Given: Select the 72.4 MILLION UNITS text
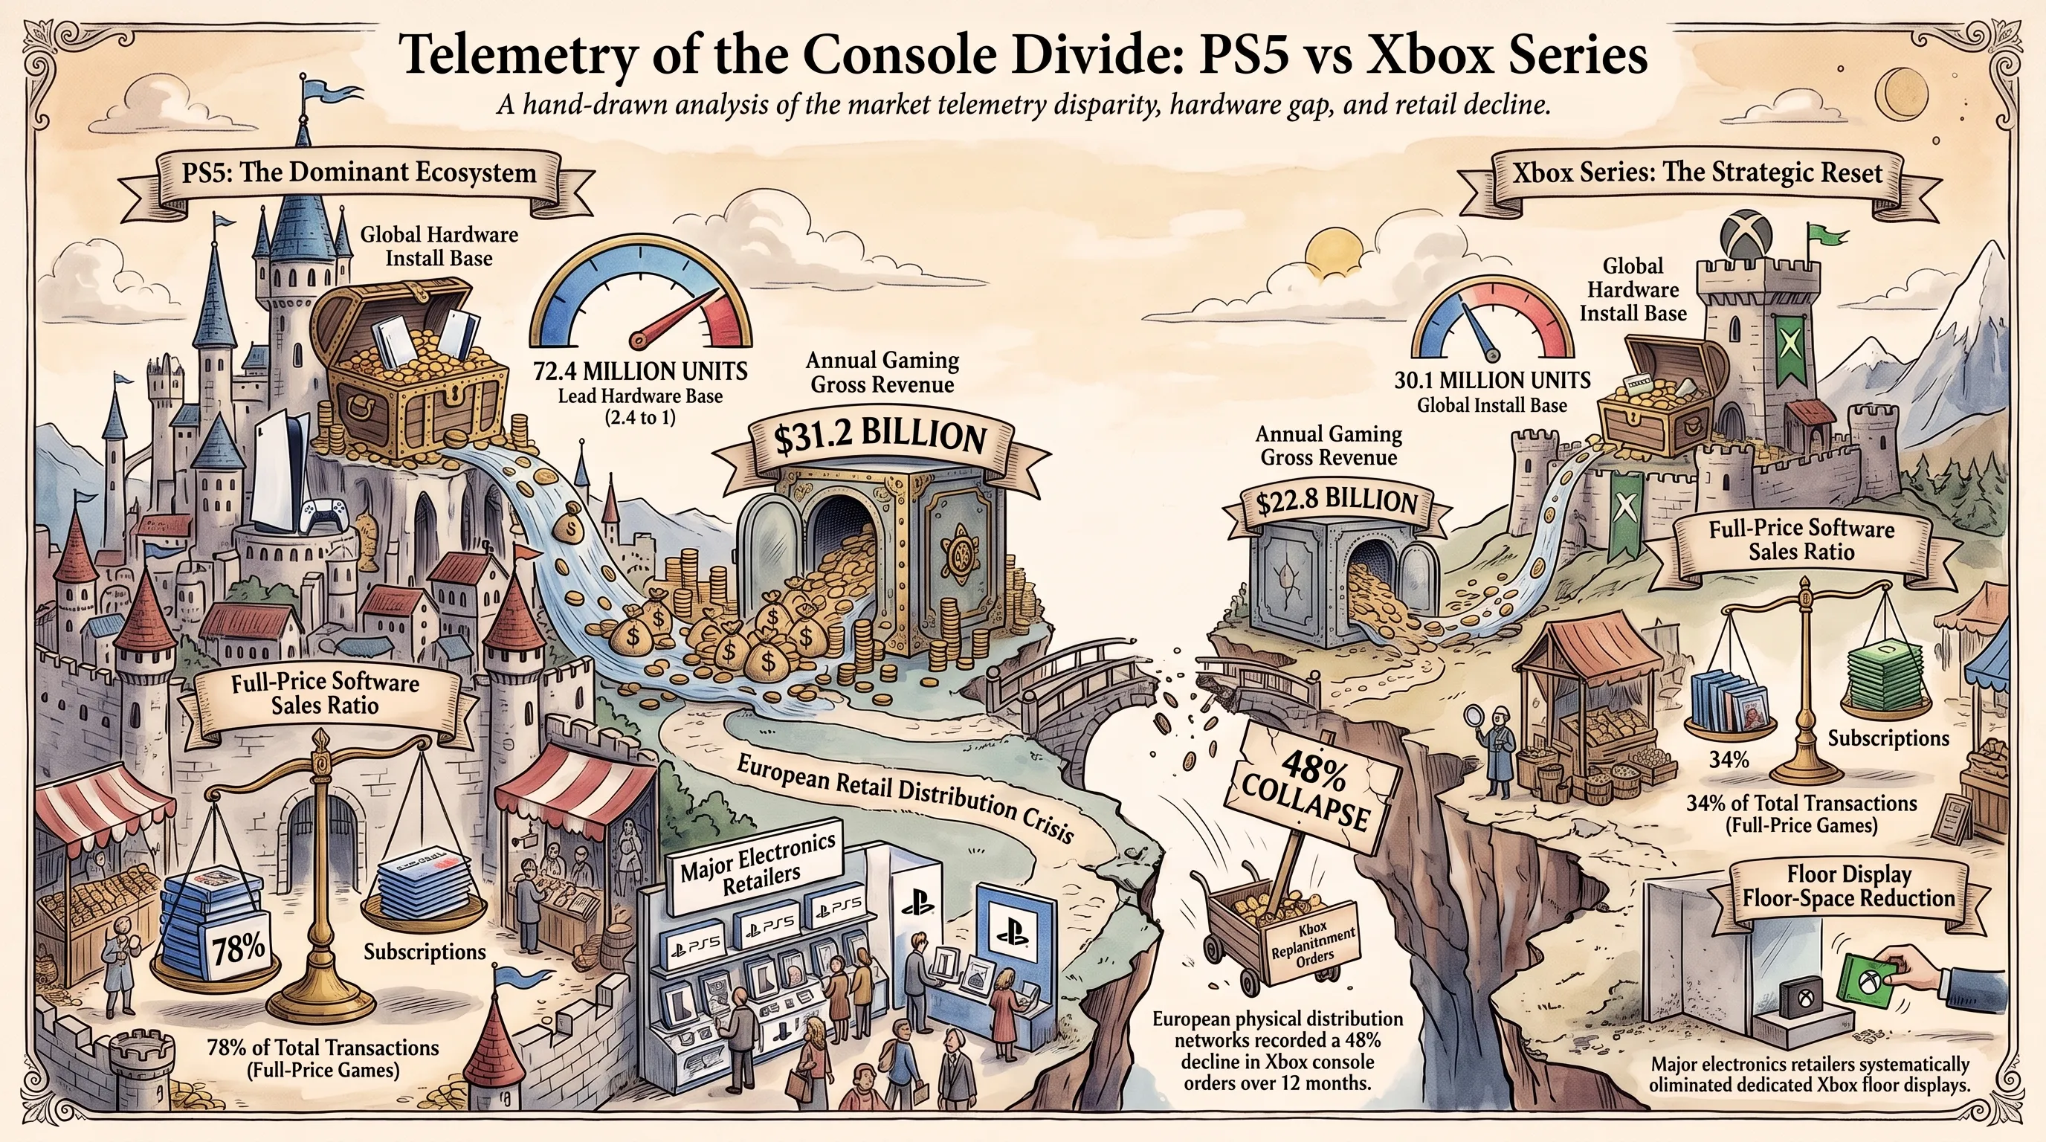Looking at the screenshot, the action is pyautogui.click(x=640, y=371).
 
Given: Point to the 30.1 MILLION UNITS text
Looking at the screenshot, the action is pyautogui.click(x=1492, y=381).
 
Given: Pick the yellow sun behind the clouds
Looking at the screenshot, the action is pyautogui.click(x=1328, y=251).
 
